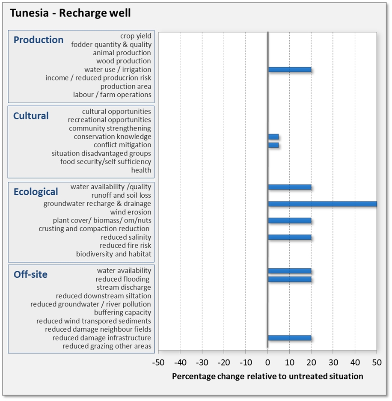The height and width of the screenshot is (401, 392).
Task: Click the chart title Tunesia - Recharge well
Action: point(70,13)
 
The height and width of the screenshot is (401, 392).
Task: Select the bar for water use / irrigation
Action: point(289,70)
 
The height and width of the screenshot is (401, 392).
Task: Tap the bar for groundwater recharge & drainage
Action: point(322,204)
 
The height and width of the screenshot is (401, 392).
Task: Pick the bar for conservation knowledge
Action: point(273,137)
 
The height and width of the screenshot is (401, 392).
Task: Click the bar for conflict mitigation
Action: point(273,145)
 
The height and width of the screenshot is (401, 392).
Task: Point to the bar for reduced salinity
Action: point(289,237)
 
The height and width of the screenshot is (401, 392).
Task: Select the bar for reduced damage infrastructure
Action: point(289,338)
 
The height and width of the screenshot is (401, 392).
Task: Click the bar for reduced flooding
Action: point(289,279)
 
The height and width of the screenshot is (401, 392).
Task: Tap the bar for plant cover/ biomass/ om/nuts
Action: point(289,220)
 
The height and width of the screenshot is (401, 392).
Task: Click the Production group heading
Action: point(39,40)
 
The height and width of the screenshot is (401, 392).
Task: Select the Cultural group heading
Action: point(31,116)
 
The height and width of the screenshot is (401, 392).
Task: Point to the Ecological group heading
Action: point(36,192)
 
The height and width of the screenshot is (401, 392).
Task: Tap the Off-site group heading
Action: point(30,274)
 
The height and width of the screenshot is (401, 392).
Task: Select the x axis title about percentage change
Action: point(267,377)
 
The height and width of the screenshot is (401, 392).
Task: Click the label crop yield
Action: point(136,36)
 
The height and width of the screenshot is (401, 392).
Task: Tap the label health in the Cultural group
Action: point(141,170)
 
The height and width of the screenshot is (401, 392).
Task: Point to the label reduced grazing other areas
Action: point(107,346)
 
